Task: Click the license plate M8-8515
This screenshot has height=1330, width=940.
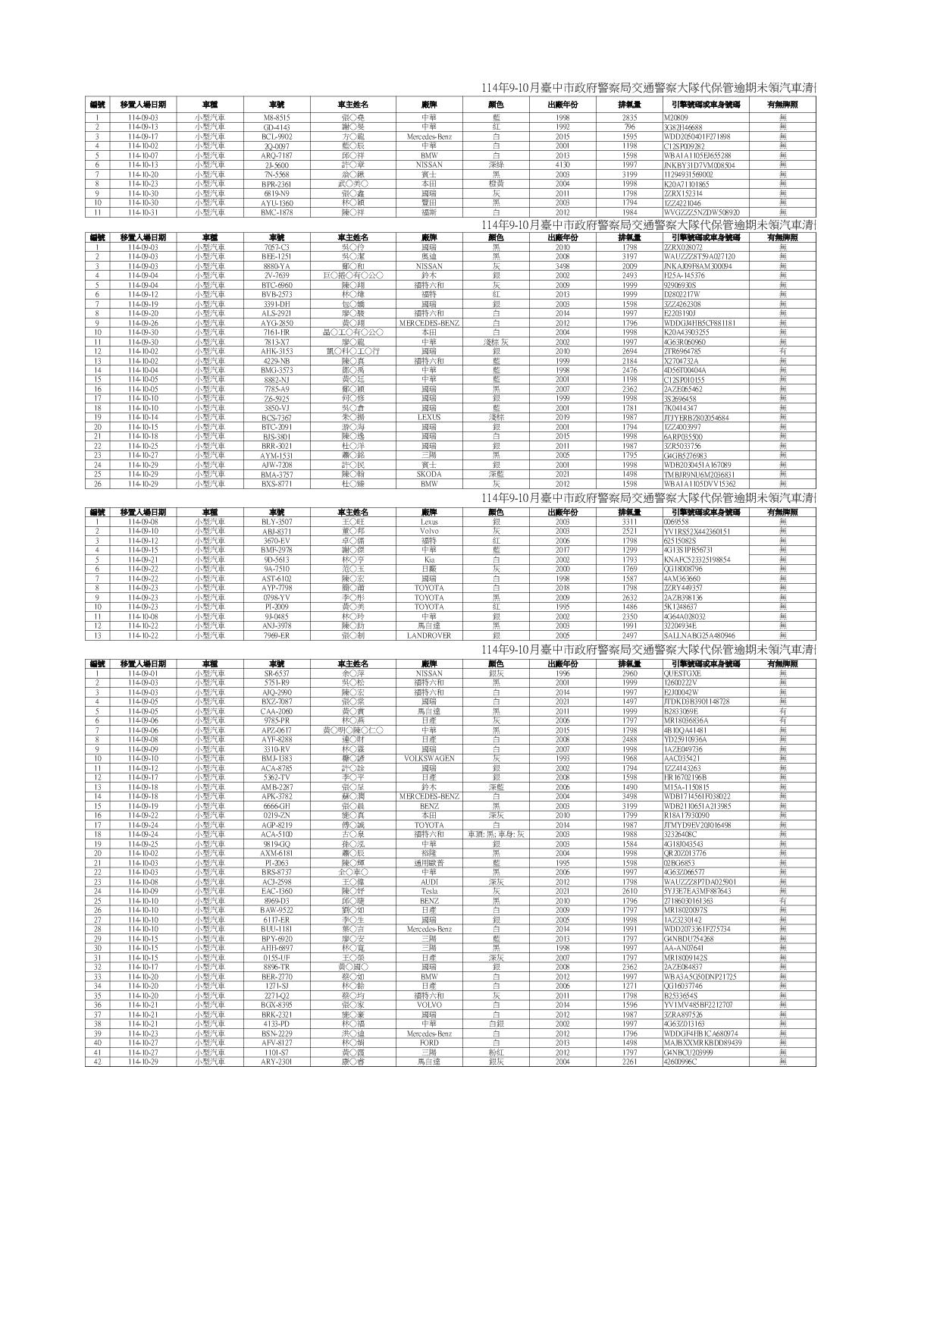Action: point(277,118)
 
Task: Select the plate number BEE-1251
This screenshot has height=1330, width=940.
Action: point(277,257)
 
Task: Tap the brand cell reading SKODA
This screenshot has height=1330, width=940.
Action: point(428,475)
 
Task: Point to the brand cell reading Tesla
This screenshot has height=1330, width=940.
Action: point(428,892)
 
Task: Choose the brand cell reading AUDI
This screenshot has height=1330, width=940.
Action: point(428,882)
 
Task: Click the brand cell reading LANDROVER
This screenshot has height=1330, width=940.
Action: point(428,635)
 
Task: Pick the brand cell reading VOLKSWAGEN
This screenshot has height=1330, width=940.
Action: point(428,759)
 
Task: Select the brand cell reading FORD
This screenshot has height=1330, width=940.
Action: point(428,1043)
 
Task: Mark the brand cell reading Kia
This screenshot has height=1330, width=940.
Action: point(428,560)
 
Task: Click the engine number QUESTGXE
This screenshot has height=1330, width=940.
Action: point(682,673)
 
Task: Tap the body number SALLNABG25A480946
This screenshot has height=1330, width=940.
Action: point(699,635)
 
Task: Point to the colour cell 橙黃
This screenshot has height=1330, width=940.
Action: point(497,184)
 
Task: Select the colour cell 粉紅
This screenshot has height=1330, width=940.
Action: point(497,1052)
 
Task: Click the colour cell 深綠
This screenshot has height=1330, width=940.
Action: point(497,165)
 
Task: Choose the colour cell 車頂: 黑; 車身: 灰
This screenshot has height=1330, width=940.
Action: point(497,835)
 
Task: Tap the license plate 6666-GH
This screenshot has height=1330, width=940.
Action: point(277,806)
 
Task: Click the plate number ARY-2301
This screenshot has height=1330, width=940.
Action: point(277,1062)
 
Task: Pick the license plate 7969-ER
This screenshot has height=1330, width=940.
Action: point(277,635)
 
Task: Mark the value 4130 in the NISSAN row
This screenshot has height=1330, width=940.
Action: point(562,165)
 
